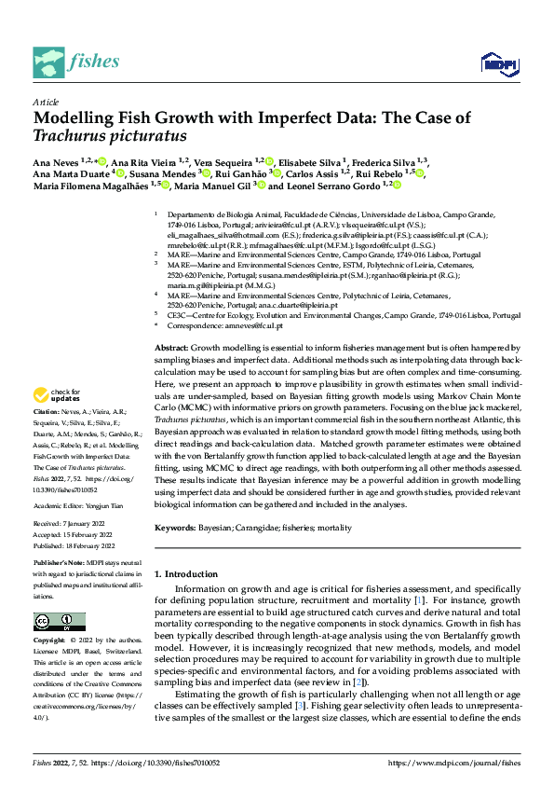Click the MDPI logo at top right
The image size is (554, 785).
[498, 63]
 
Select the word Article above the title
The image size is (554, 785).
[46, 102]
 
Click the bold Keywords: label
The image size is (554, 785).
[177, 528]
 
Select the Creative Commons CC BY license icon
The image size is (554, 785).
[60, 622]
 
